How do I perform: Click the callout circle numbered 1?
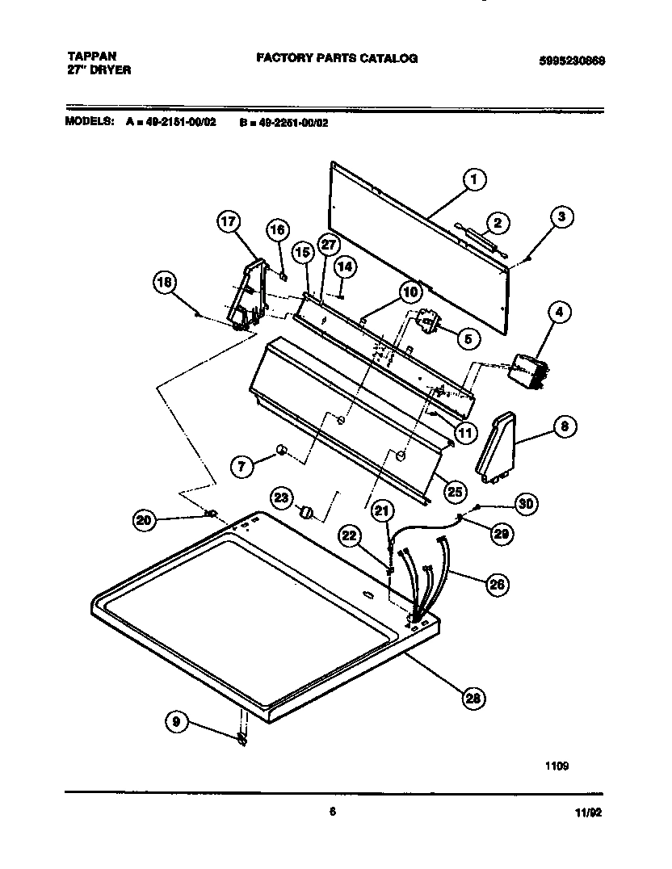click(x=474, y=180)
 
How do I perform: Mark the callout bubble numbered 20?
click(x=145, y=521)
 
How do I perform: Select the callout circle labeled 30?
click(x=526, y=504)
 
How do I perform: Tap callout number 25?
click(x=455, y=490)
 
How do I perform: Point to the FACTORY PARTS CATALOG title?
click(x=337, y=58)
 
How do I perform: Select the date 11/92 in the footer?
click(x=590, y=815)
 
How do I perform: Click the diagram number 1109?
click(x=556, y=766)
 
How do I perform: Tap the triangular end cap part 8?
click(x=496, y=447)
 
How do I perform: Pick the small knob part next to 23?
click(x=306, y=511)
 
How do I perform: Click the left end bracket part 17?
click(x=246, y=295)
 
